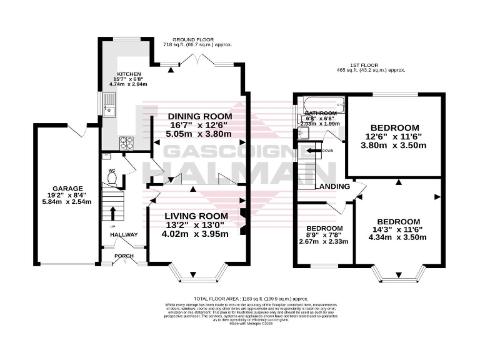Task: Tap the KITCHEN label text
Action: [x=117, y=73]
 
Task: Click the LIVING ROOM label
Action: [x=196, y=216]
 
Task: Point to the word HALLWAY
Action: [x=123, y=234]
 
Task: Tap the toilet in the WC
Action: [x=113, y=179]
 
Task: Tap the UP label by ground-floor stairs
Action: [x=112, y=226]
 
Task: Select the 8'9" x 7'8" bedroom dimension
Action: [x=323, y=235]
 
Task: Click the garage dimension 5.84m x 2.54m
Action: [x=59, y=202]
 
